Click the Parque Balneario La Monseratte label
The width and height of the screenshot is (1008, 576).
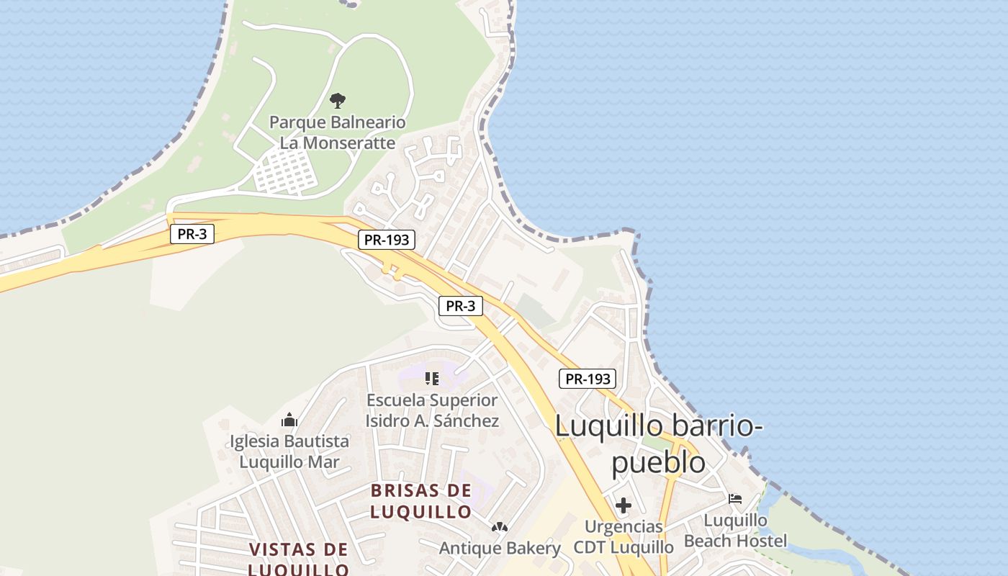337,132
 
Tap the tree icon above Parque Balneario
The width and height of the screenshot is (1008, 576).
337,100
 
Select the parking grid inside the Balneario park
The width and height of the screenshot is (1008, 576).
287,173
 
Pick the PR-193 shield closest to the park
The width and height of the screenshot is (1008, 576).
387,240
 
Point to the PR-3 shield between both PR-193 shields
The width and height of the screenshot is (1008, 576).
460,306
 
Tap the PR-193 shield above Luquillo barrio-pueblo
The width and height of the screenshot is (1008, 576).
588,379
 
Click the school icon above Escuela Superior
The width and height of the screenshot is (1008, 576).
432,379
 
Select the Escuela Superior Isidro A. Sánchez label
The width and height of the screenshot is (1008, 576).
432,410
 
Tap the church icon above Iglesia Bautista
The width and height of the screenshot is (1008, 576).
289,420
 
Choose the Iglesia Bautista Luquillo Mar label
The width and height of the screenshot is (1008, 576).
289,451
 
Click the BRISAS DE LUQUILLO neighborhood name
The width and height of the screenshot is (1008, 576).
421,501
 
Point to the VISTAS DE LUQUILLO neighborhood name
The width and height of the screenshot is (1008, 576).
299,559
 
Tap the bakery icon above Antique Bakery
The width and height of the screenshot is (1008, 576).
500,528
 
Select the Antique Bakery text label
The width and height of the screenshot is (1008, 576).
500,548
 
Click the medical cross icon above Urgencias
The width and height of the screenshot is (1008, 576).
624,505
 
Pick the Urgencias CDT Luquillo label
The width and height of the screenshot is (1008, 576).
624,537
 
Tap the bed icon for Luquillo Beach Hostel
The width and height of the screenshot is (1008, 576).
735,498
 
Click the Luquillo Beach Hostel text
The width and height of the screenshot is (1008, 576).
735,530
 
